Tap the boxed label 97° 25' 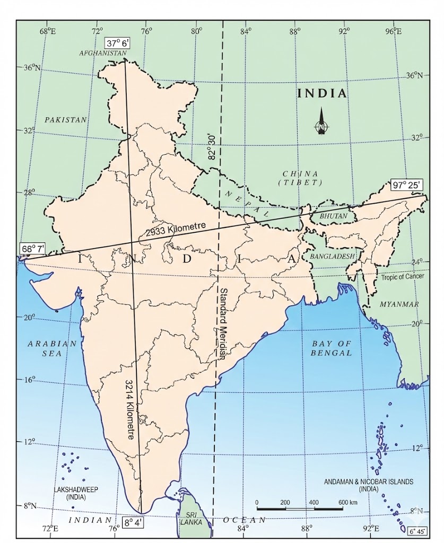(406, 185)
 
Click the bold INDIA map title (321, 94)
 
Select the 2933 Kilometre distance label (175, 229)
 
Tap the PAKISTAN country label (65, 120)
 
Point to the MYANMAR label (398, 304)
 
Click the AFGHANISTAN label (102, 54)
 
